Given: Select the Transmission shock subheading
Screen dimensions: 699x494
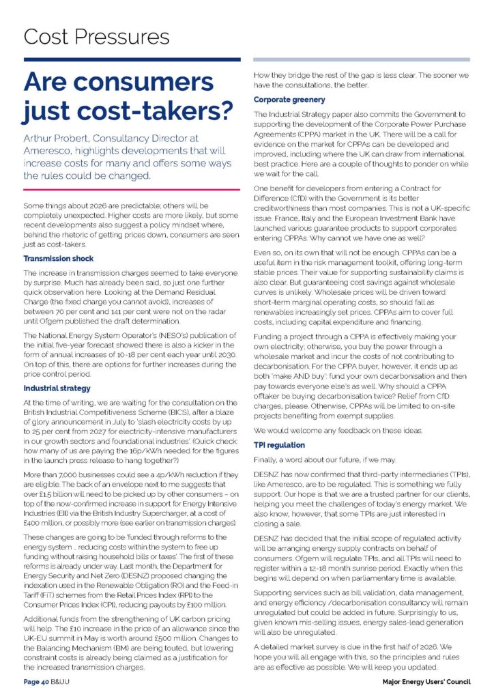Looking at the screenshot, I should click(58, 259).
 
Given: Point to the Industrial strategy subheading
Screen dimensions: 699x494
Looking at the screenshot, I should click(57, 388).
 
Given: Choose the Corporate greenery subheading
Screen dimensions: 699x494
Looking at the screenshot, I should click(289, 100).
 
